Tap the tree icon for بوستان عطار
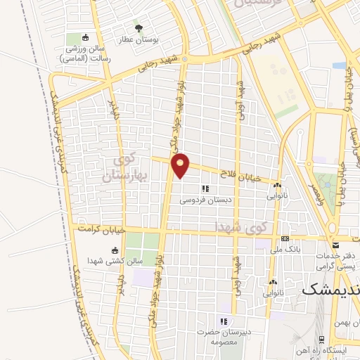[x=139, y=28]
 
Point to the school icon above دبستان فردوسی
[x=205, y=188]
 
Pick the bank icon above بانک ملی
[x=285, y=238]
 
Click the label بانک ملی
[x=288, y=250]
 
